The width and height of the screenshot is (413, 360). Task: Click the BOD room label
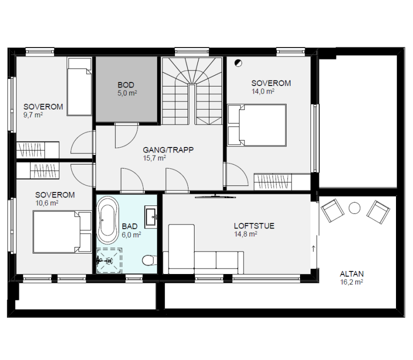(x=126, y=85)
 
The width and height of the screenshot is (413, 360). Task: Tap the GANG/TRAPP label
(x=168, y=150)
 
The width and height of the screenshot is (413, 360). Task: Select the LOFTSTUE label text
(x=254, y=226)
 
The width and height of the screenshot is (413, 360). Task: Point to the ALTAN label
(x=351, y=274)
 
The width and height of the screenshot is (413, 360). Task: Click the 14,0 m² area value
(x=262, y=91)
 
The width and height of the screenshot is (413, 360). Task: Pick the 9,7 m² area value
(x=33, y=115)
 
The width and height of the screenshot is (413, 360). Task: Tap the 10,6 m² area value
(x=46, y=203)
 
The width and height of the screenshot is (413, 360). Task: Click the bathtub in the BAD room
(x=108, y=220)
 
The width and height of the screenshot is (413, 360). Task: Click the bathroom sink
(x=151, y=217)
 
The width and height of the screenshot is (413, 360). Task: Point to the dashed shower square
(x=109, y=260)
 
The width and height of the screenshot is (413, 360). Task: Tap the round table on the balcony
(x=354, y=208)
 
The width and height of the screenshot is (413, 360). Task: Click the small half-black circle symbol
(x=238, y=63)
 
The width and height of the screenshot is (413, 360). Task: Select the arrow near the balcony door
(x=313, y=248)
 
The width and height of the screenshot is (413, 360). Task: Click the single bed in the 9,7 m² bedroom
(x=79, y=86)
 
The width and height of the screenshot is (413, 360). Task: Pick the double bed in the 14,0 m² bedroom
(x=257, y=125)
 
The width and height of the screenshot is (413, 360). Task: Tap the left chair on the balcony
(x=332, y=210)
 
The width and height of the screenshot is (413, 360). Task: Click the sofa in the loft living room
(x=203, y=249)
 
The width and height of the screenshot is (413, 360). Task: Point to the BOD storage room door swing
(x=126, y=135)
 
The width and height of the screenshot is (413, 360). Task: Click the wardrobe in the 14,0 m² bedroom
(x=282, y=182)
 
